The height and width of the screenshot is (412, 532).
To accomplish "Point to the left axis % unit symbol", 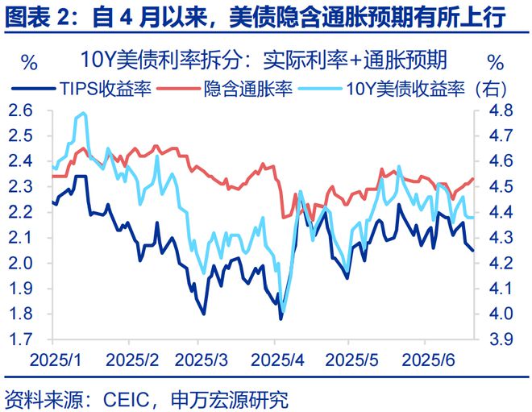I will pyautogui.click(x=28, y=61).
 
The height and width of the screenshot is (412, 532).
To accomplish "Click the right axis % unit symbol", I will pyautogui.click(x=497, y=61).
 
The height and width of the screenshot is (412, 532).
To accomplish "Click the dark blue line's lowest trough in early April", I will pyautogui.click(x=281, y=318).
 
